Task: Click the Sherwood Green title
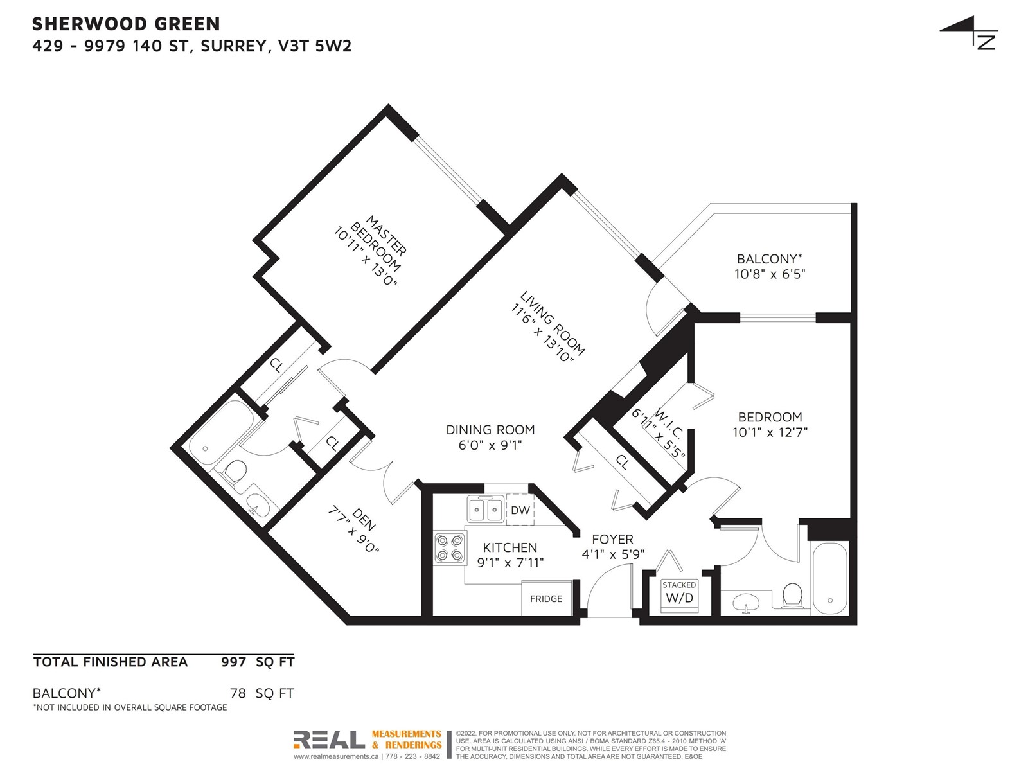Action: (126, 24)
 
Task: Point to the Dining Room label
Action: (490, 430)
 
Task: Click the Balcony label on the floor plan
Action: (770, 259)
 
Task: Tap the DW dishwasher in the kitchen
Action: (520, 509)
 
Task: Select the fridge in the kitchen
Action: (547, 598)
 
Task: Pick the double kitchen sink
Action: (486, 508)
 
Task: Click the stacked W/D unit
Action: (679, 596)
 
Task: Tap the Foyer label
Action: (612, 539)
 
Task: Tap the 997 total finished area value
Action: (233, 662)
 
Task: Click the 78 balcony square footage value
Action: (238, 693)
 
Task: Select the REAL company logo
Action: (329, 740)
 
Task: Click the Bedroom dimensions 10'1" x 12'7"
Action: (770, 432)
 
